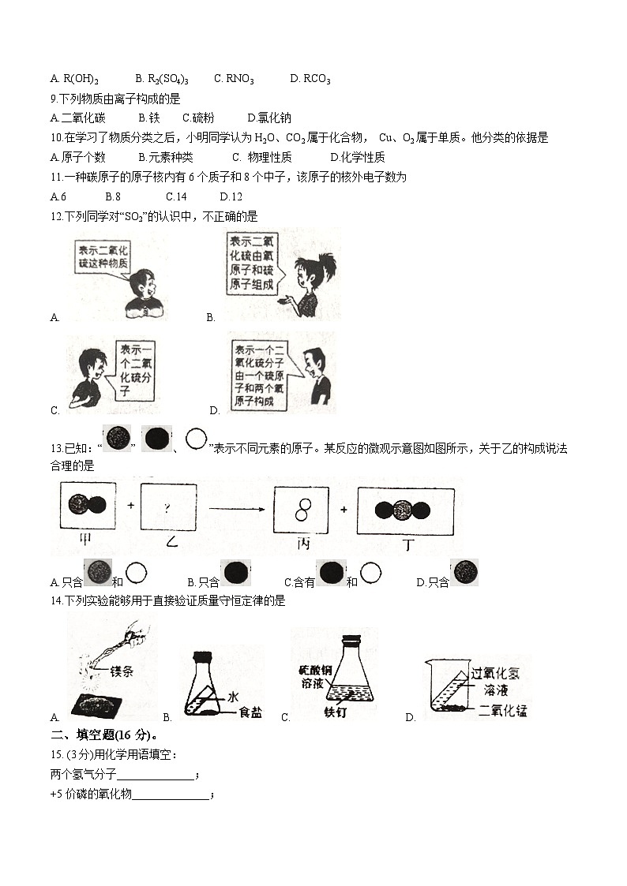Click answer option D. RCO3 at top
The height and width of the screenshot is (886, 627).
(x=310, y=79)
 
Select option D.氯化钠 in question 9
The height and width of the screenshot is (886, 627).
(x=269, y=118)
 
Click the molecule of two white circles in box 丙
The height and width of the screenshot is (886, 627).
(x=302, y=509)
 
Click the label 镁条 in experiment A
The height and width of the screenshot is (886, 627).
(x=122, y=672)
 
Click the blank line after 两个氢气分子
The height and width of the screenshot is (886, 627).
(x=155, y=775)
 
